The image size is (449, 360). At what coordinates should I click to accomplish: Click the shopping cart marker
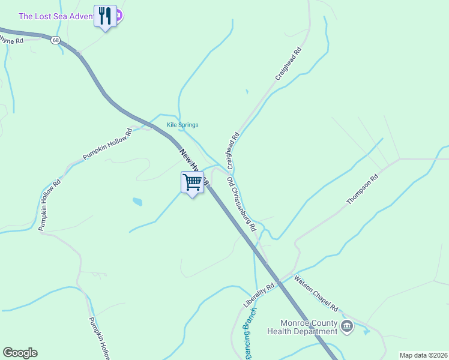192,182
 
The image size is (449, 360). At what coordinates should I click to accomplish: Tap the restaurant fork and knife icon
106,16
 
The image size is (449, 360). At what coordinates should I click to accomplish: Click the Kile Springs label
182,125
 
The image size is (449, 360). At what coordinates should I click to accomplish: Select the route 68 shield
55,40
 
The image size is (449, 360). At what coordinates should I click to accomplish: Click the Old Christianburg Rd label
241,204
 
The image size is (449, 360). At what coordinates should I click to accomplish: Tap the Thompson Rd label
363,190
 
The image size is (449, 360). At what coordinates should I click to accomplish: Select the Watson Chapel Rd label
316,293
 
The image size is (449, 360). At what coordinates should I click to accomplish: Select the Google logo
20,353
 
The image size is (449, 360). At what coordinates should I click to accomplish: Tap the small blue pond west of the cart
138,202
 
